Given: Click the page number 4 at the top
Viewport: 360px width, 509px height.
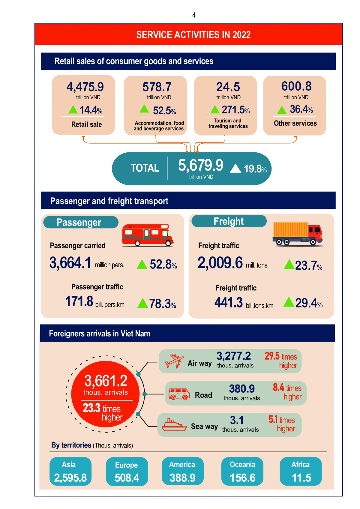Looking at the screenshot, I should pyautogui.click(x=194, y=15).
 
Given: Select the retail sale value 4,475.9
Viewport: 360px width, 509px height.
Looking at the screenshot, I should pyautogui.click(x=85, y=87).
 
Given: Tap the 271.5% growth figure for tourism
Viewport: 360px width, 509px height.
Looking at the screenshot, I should pyautogui.click(x=235, y=110).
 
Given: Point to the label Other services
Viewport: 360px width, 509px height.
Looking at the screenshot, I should pyautogui.click(x=295, y=123).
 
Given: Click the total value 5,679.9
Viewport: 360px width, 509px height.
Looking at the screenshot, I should pyautogui.click(x=201, y=165).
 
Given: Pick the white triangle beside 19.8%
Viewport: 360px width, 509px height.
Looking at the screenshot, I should pyautogui.click(x=235, y=169).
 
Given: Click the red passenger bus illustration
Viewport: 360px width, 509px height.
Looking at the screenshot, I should pyautogui.click(x=148, y=235).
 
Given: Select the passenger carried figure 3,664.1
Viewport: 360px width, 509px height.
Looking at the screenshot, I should pyautogui.click(x=70, y=263).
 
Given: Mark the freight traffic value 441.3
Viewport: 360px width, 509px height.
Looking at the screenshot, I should pyautogui.click(x=229, y=302).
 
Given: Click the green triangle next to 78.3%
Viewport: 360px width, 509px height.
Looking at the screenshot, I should pyautogui.click(x=142, y=304).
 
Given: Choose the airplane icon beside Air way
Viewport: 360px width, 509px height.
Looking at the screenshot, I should pyautogui.click(x=174, y=361).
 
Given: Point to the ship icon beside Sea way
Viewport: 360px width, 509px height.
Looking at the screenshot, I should pyautogui.click(x=174, y=425).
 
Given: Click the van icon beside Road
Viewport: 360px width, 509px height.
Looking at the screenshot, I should pyautogui.click(x=179, y=393).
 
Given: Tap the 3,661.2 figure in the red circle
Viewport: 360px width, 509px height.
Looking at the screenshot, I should pyautogui.click(x=106, y=381).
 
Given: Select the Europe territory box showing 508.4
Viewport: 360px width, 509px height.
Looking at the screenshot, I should pyautogui.click(x=127, y=471).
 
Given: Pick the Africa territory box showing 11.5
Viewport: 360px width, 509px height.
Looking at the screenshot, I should pyautogui.click(x=301, y=471).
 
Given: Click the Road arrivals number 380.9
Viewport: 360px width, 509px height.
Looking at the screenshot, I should pyautogui.click(x=242, y=389).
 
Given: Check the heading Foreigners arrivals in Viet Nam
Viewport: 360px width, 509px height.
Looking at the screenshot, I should pyautogui.click(x=100, y=334).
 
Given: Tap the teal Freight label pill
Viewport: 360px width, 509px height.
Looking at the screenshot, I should pyautogui.click(x=229, y=221).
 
